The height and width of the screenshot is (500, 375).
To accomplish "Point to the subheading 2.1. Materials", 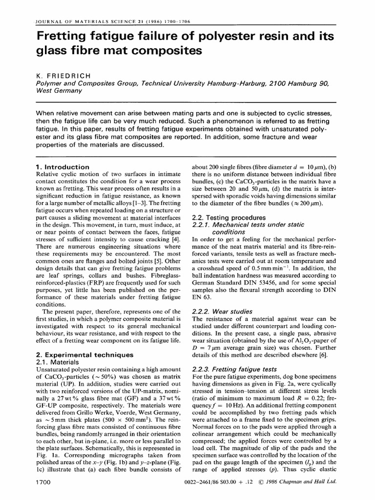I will tap(60, 362).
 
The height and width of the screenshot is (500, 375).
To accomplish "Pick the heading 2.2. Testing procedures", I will tap(229, 217).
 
